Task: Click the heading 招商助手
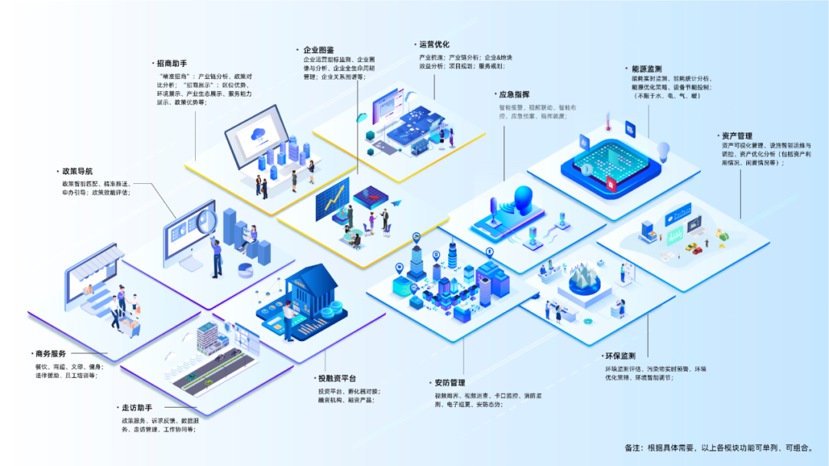pyautogui.click(x=171, y=64)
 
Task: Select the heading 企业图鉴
pyautogui.click(x=319, y=50)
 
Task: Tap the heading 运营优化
pyautogui.click(x=434, y=44)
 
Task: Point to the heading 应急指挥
pyautogui.click(x=514, y=95)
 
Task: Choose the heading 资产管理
pyautogui.click(x=736, y=136)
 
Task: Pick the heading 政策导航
pyautogui.click(x=78, y=172)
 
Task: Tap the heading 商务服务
pyautogui.click(x=51, y=354)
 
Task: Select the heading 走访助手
pyautogui.click(x=136, y=408)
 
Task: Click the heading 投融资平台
pyautogui.click(x=337, y=379)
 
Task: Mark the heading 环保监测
pyautogui.click(x=619, y=356)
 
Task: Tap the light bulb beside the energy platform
pyautogui.click(x=664, y=150)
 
